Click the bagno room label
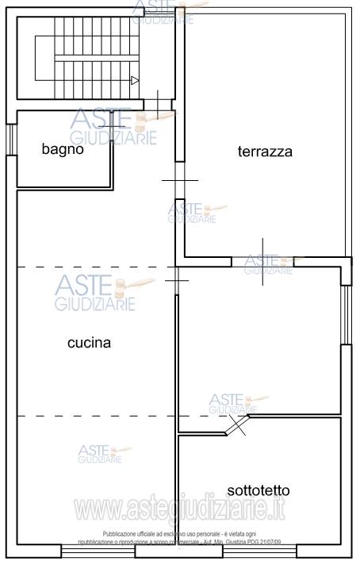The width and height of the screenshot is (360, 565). coord(63,148)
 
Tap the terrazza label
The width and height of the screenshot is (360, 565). coord(265,152)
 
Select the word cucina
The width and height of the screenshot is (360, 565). coord(89,344)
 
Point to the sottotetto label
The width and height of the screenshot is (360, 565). coord(255,490)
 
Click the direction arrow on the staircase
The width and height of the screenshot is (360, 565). coord(135,79)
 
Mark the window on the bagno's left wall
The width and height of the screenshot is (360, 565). coord(11,148)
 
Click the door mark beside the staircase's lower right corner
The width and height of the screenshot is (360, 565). coord(162,102)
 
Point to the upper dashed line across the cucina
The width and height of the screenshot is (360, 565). coord(95,267)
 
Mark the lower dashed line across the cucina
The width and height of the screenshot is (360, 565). coord(95,416)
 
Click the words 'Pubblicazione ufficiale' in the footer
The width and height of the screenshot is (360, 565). coord(131,534)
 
